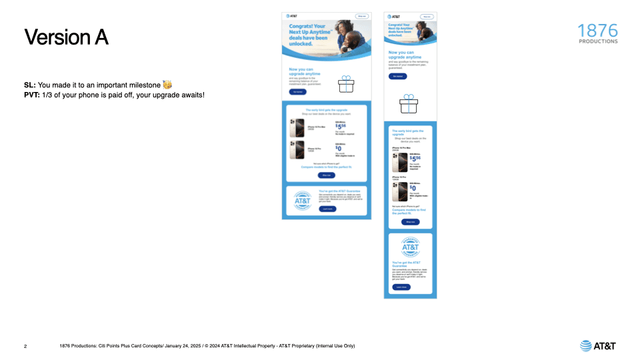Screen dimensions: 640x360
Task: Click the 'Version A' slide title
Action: click(66, 37)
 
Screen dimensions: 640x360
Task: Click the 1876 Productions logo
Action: click(597, 34)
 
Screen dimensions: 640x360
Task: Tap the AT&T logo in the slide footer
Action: click(598, 345)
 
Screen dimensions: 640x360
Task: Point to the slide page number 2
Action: click(25, 346)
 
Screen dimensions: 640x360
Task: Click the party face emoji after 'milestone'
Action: click(167, 85)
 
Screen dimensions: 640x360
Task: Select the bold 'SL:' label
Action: click(30, 85)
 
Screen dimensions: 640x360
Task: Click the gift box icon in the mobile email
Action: click(408, 104)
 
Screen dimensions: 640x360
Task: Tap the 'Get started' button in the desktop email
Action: click(297, 91)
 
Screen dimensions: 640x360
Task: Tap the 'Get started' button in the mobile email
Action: click(397, 77)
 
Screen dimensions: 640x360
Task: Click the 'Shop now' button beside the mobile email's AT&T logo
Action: click(426, 16)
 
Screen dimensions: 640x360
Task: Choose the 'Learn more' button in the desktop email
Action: click(327, 209)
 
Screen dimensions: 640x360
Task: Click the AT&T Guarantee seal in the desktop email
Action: click(302, 201)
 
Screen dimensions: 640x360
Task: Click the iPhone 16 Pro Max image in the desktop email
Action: click(297, 128)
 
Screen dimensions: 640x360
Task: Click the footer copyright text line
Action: click(207, 346)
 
